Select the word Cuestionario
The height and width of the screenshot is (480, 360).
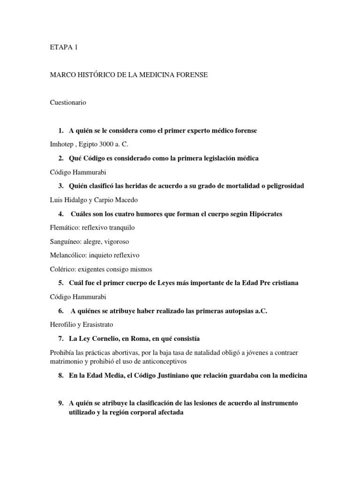[x=68, y=102]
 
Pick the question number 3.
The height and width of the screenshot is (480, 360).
[x=61, y=186]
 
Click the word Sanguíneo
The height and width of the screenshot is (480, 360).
[x=66, y=241]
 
